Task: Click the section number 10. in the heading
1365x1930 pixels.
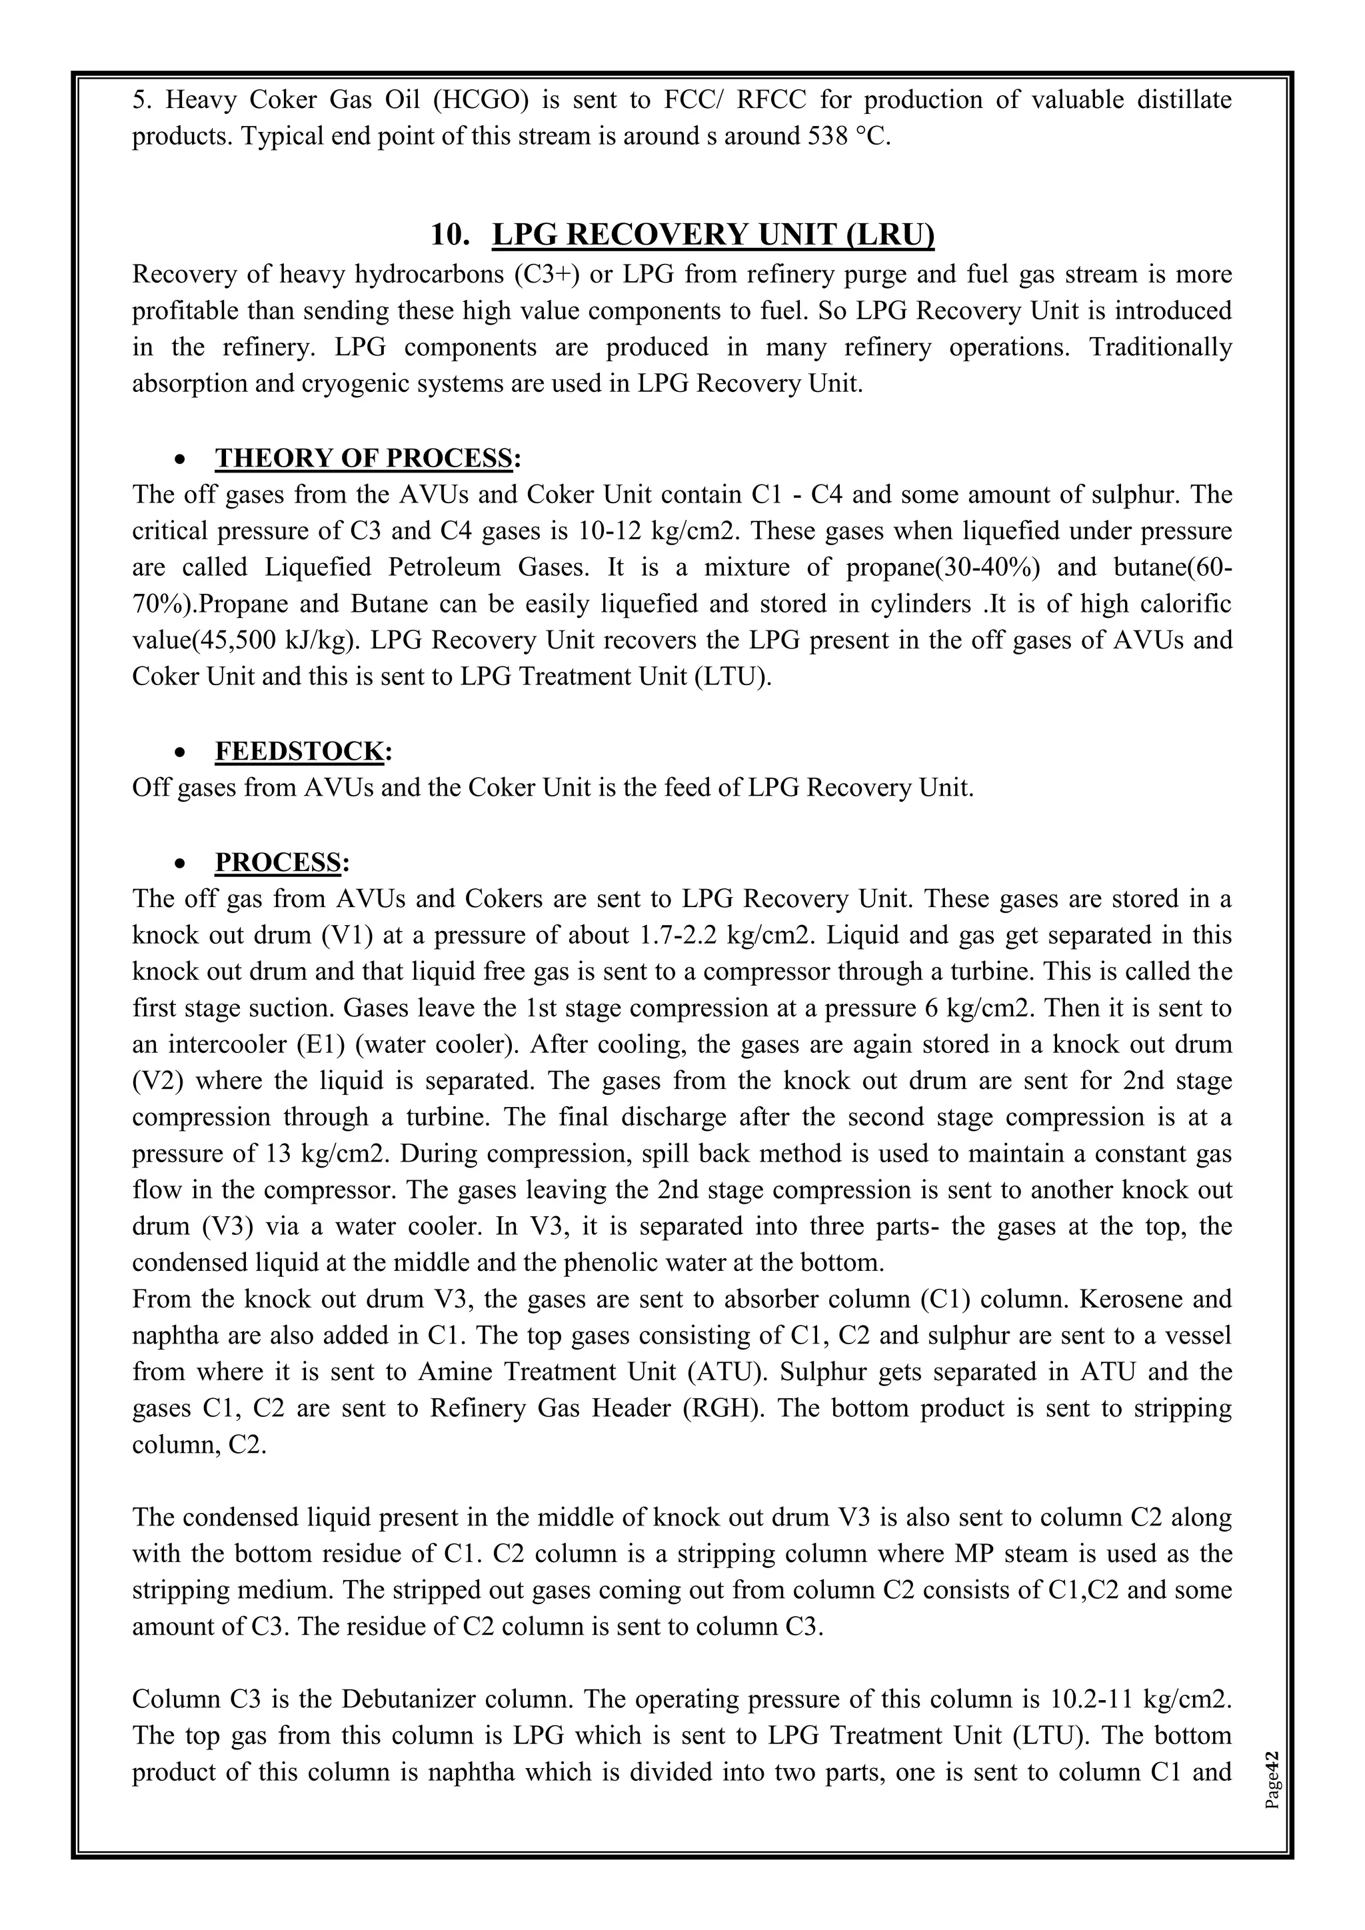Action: coord(450,235)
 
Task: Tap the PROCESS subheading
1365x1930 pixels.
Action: coord(278,862)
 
